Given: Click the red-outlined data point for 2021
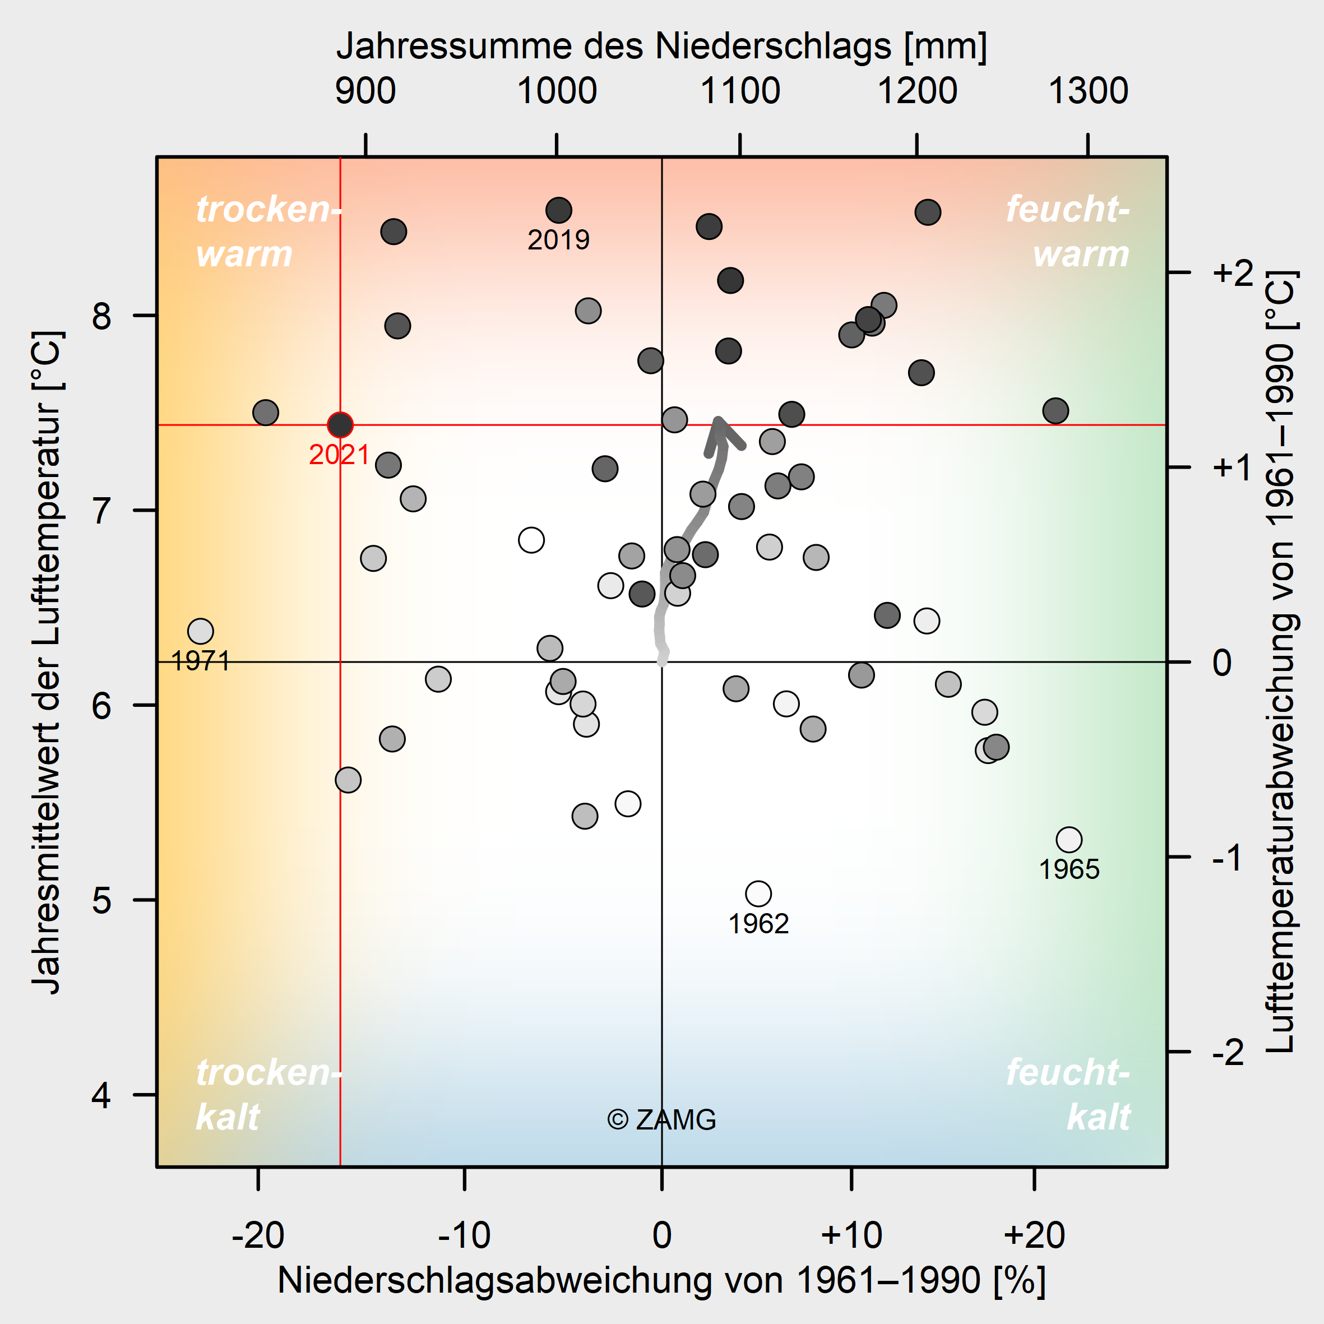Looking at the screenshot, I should (x=340, y=425).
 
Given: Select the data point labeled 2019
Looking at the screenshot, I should (x=558, y=210).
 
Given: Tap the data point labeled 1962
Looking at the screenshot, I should (x=758, y=894).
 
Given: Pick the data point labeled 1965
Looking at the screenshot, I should (x=1069, y=840).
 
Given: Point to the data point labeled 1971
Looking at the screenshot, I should (x=200, y=631).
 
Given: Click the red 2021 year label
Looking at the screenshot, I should (x=339, y=455).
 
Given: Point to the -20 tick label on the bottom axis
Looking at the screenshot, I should (x=258, y=1235).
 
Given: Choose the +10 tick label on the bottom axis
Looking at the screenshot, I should (x=851, y=1235).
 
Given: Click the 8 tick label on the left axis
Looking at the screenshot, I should (x=101, y=316).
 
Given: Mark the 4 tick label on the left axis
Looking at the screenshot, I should (x=101, y=1095).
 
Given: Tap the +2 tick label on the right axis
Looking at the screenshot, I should (x=1233, y=273).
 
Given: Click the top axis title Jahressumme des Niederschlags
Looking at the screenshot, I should (x=661, y=47).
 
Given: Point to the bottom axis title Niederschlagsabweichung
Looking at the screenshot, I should (x=661, y=1280).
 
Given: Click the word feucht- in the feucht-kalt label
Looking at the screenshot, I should (x=1067, y=1072).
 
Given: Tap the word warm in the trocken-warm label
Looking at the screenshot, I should (x=244, y=254).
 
